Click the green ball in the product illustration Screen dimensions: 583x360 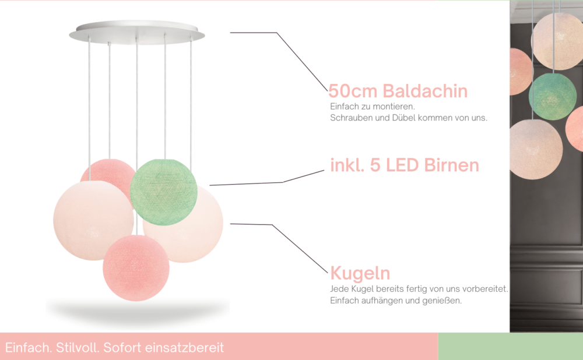click(164, 192)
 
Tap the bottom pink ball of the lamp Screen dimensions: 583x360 click(136, 268)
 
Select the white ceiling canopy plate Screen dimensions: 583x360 click(137, 32)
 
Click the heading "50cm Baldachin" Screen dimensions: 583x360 click(398, 91)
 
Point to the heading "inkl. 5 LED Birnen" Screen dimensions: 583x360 click(405, 165)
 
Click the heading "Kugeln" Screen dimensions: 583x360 click(360, 273)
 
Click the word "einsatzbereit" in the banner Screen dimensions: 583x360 click(184, 348)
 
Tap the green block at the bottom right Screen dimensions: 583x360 click(511, 346)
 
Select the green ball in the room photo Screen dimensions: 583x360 click(552, 96)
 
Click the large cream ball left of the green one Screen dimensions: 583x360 click(93, 220)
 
